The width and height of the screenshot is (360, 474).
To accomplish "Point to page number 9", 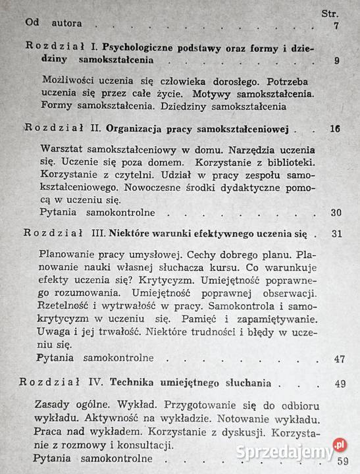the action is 336,61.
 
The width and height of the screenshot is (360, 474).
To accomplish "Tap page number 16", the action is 335,129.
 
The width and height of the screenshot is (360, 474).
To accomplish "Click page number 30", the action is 336,213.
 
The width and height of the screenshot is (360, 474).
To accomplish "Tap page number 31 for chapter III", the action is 338,234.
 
